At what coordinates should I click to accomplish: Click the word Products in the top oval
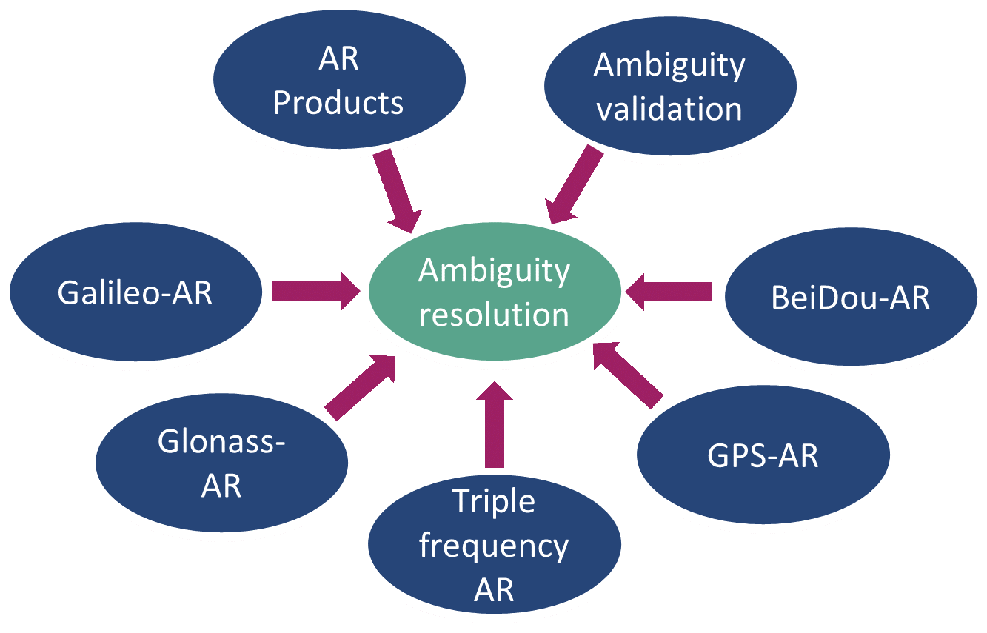338,103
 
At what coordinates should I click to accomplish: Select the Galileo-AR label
135,292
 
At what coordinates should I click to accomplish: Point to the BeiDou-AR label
851,298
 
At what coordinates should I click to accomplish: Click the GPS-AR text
763,455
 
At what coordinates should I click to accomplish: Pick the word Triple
494,501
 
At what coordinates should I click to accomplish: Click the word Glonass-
221,441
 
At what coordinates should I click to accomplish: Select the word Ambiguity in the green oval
494,272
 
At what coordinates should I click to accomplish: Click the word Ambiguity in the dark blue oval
669,66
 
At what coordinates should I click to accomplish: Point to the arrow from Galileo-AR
316,291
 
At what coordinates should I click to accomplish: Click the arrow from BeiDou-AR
669,292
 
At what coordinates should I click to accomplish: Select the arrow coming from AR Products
397,191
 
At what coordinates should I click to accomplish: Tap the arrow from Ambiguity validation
574,184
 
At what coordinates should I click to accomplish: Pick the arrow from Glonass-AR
361,388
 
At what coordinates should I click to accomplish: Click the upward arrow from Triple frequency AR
495,424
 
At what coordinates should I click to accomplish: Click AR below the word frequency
494,590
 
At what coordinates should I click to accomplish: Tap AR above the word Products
338,59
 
